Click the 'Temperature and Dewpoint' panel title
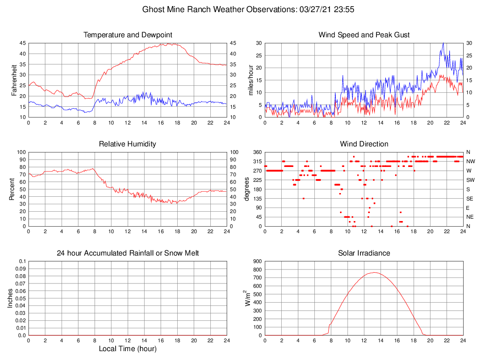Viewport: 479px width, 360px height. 127,35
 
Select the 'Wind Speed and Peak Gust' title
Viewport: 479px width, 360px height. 364,35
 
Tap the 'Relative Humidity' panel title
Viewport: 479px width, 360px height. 127,144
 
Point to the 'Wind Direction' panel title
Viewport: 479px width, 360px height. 364,144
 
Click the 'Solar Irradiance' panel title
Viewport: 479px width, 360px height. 364,253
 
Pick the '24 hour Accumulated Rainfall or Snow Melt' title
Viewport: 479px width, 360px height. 127,253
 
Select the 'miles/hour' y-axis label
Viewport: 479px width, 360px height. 250,80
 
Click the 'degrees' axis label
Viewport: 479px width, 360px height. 247,189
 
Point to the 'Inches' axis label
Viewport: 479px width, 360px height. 11,298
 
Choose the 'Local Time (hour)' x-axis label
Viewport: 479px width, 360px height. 127,348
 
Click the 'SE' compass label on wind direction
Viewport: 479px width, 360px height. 469,199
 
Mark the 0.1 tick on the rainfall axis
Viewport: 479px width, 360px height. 21,262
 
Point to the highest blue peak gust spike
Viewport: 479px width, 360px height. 443,43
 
